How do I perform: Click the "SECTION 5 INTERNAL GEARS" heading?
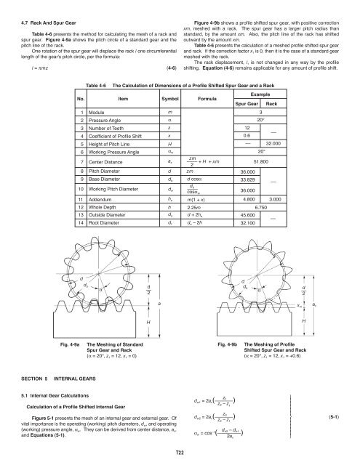click(x=46, y=397)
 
